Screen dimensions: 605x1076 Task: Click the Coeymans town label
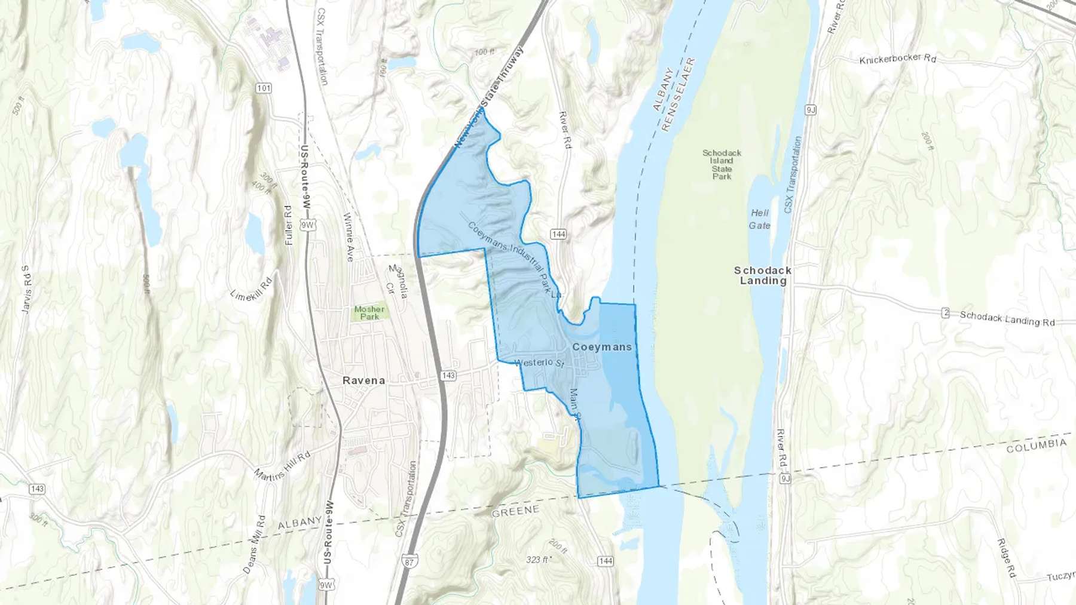point(601,347)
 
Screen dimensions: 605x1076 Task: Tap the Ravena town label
point(363,380)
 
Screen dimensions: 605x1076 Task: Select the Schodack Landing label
point(763,275)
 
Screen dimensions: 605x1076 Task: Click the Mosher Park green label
point(369,312)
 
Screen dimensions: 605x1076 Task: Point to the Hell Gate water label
point(760,219)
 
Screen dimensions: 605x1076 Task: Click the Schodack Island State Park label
point(722,164)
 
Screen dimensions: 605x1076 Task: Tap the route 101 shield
point(264,88)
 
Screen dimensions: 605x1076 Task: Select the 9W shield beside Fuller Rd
point(308,225)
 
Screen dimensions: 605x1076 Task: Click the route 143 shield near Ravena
point(448,376)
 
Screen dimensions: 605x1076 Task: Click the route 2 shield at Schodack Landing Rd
point(945,312)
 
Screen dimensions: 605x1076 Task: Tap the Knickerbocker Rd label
point(897,59)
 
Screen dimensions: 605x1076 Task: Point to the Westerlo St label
point(539,363)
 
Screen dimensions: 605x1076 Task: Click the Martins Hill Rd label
point(282,466)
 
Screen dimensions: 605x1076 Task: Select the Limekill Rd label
point(251,288)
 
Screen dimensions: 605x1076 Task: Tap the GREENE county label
point(515,511)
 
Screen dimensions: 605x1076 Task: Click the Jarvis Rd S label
point(26,290)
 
